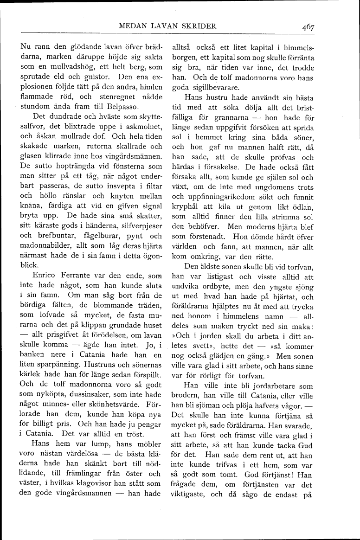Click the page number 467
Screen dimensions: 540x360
point(307,27)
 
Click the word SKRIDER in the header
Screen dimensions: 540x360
point(198,26)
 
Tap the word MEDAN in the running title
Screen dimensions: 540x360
point(131,26)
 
